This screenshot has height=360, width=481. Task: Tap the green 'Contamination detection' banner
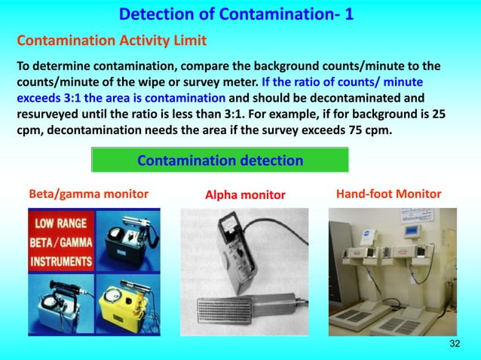click(219, 160)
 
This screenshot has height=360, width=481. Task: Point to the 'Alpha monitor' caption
click(245, 195)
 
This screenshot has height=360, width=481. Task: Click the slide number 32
click(454, 344)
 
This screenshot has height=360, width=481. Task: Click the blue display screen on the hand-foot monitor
click(414, 231)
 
